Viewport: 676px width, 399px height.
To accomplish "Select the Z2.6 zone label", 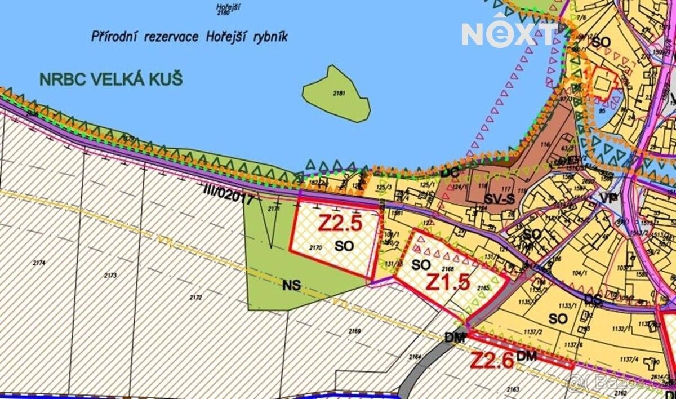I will click(491, 360).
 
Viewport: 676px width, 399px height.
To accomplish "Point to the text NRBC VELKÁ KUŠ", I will click(111, 79).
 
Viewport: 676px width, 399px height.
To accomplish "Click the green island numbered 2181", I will click(337, 94).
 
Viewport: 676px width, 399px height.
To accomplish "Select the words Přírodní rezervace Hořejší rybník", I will click(189, 37).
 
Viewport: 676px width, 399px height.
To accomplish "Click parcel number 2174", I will click(39, 263).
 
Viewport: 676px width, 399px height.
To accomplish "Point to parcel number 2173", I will click(110, 276).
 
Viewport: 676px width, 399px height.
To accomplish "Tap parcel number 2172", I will click(196, 296).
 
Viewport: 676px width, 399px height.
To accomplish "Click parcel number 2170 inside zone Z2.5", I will click(315, 247).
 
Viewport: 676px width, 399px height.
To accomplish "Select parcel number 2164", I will click(415, 356).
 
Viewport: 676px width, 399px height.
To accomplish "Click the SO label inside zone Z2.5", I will click(344, 246).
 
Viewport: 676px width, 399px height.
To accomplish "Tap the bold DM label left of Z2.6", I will click(455, 338).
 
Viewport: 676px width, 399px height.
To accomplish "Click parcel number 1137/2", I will click(531, 333).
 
